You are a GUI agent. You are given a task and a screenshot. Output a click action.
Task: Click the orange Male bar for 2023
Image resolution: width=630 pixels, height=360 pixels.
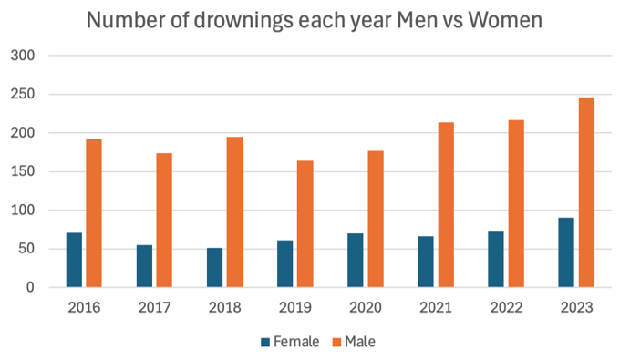[x=586, y=192]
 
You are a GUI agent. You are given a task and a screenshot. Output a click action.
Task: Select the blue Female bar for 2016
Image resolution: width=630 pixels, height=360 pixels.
[x=74, y=260]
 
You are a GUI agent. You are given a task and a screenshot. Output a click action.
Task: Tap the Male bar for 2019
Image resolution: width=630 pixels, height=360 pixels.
[x=305, y=224]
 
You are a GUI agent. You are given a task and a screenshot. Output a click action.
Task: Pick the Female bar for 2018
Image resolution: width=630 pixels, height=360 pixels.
[x=214, y=268]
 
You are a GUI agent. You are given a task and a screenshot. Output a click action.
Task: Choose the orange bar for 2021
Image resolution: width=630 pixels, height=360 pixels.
[x=446, y=204]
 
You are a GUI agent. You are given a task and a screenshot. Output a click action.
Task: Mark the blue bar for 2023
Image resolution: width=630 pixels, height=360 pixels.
[x=566, y=252]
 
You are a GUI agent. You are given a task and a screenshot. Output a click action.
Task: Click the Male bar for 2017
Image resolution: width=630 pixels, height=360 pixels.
[x=164, y=221]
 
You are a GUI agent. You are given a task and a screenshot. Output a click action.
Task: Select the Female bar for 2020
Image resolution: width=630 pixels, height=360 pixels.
[x=356, y=261]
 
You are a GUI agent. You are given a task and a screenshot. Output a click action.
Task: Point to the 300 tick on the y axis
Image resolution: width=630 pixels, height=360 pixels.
[x=23, y=56]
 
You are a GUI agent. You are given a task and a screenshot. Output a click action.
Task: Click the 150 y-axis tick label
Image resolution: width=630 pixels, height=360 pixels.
[x=23, y=171]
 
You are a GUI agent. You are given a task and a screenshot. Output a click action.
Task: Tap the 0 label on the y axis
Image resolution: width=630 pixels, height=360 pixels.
[x=30, y=287]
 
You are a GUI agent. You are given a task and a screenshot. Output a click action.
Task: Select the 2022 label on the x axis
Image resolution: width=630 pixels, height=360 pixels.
[x=506, y=307]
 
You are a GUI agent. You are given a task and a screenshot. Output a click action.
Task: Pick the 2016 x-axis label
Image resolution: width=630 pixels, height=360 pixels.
[x=84, y=307]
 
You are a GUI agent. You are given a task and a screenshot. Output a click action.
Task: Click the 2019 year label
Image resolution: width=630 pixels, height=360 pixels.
[x=295, y=307]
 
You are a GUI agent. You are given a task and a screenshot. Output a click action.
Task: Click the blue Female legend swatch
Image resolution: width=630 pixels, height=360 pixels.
[x=265, y=342]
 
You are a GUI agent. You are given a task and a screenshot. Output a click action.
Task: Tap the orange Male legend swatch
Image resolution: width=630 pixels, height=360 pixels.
[x=336, y=342]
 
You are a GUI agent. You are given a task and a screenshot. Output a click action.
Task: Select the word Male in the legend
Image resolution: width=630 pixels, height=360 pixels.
[x=360, y=342]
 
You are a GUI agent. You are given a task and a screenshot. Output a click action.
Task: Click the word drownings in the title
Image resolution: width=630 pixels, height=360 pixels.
[x=243, y=21]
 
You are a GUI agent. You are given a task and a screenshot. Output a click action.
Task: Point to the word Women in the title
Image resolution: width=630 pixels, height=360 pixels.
[x=505, y=20]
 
